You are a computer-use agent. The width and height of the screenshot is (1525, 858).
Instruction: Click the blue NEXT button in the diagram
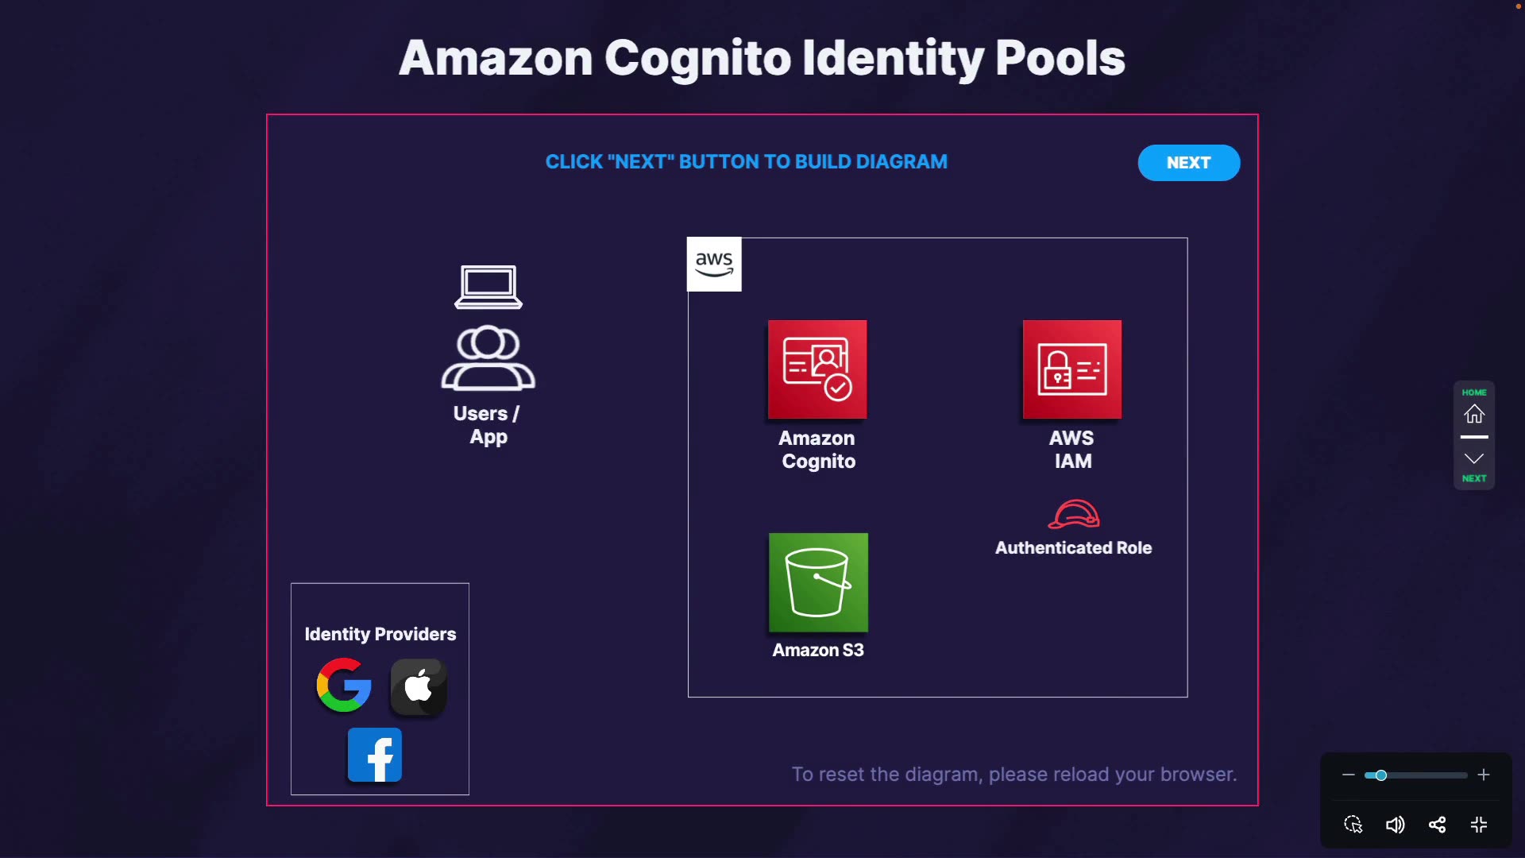(x=1188, y=163)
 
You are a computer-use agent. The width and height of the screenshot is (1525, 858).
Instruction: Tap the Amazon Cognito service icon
(x=817, y=369)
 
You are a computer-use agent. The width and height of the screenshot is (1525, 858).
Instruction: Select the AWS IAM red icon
(x=1072, y=369)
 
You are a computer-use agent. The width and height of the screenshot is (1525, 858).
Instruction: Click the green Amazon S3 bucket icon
(x=818, y=582)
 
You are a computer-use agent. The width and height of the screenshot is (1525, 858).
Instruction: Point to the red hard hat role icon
(x=1074, y=514)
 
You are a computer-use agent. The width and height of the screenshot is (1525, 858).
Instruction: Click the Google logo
(x=344, y=685)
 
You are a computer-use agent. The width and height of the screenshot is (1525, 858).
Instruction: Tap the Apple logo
(x=419, y=686)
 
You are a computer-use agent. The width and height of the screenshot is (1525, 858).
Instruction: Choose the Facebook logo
(x=375, y=755)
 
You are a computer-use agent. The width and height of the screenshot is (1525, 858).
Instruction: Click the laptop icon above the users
(x=488, y=287)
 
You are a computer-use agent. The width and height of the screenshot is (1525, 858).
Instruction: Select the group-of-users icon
(x=488, y=358)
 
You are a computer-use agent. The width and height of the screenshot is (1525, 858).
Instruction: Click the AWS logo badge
(x=714, y=265)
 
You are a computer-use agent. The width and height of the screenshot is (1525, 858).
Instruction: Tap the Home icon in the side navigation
(x=1474, y=414)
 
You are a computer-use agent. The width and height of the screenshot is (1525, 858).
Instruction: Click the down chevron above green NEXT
(x=1474, y=458)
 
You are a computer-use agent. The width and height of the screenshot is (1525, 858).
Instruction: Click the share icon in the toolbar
(x=1437, y=825)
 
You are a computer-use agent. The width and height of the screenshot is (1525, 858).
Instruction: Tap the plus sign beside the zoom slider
(x=1484, y=775)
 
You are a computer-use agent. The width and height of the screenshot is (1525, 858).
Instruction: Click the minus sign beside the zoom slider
(x=1348, y=775)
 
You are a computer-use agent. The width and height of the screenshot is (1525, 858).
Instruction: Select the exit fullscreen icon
(x=1479, y=825)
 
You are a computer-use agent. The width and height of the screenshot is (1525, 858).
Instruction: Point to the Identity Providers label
(x=380, y=634)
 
